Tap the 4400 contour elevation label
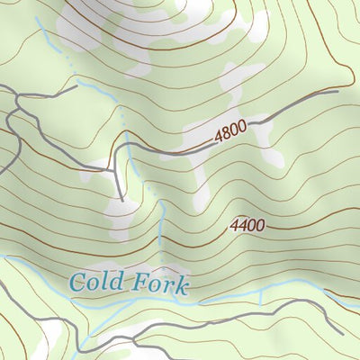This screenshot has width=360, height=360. click(x=247, y=226)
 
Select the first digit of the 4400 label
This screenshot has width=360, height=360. click(x=235, y=227)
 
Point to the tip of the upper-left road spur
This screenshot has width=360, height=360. click(x=76, y=88)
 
